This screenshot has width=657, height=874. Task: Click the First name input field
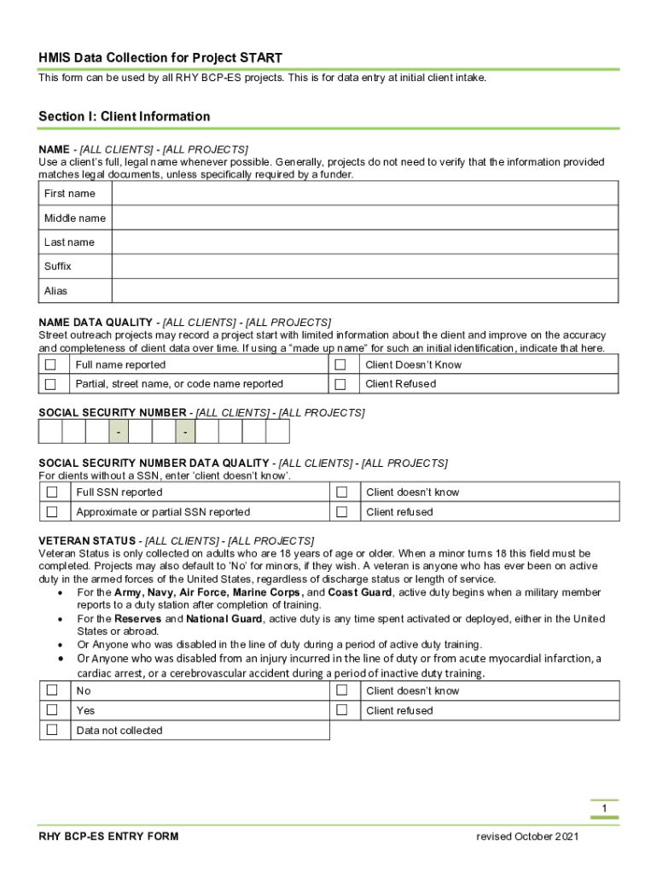[365, 194]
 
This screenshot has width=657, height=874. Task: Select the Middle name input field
[365, 218]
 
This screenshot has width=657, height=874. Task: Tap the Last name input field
[365, 242]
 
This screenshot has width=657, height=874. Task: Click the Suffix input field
[365, 266]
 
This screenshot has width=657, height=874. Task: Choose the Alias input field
[365, 291]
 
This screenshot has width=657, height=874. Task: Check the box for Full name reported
[51, 364]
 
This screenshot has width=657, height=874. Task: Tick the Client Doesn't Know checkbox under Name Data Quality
[341, 364]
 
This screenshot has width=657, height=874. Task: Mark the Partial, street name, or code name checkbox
[51, 384]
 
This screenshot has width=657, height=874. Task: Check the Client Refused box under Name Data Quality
[341, 384]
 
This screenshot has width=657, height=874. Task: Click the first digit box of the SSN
[50, 432]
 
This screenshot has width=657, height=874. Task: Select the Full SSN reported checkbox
[52, 492]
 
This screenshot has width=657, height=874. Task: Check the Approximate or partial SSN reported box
[52, 512]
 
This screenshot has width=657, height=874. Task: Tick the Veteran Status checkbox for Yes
[52, 710]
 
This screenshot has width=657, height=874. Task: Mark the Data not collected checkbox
[52, 730]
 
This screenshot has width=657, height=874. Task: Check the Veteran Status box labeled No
[52, 690]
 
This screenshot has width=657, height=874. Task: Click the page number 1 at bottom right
[603, 808]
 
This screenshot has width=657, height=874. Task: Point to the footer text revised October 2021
[527, 836]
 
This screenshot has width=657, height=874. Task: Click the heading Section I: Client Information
[124, 117]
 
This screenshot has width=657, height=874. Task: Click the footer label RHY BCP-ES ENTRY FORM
[108, 836]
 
